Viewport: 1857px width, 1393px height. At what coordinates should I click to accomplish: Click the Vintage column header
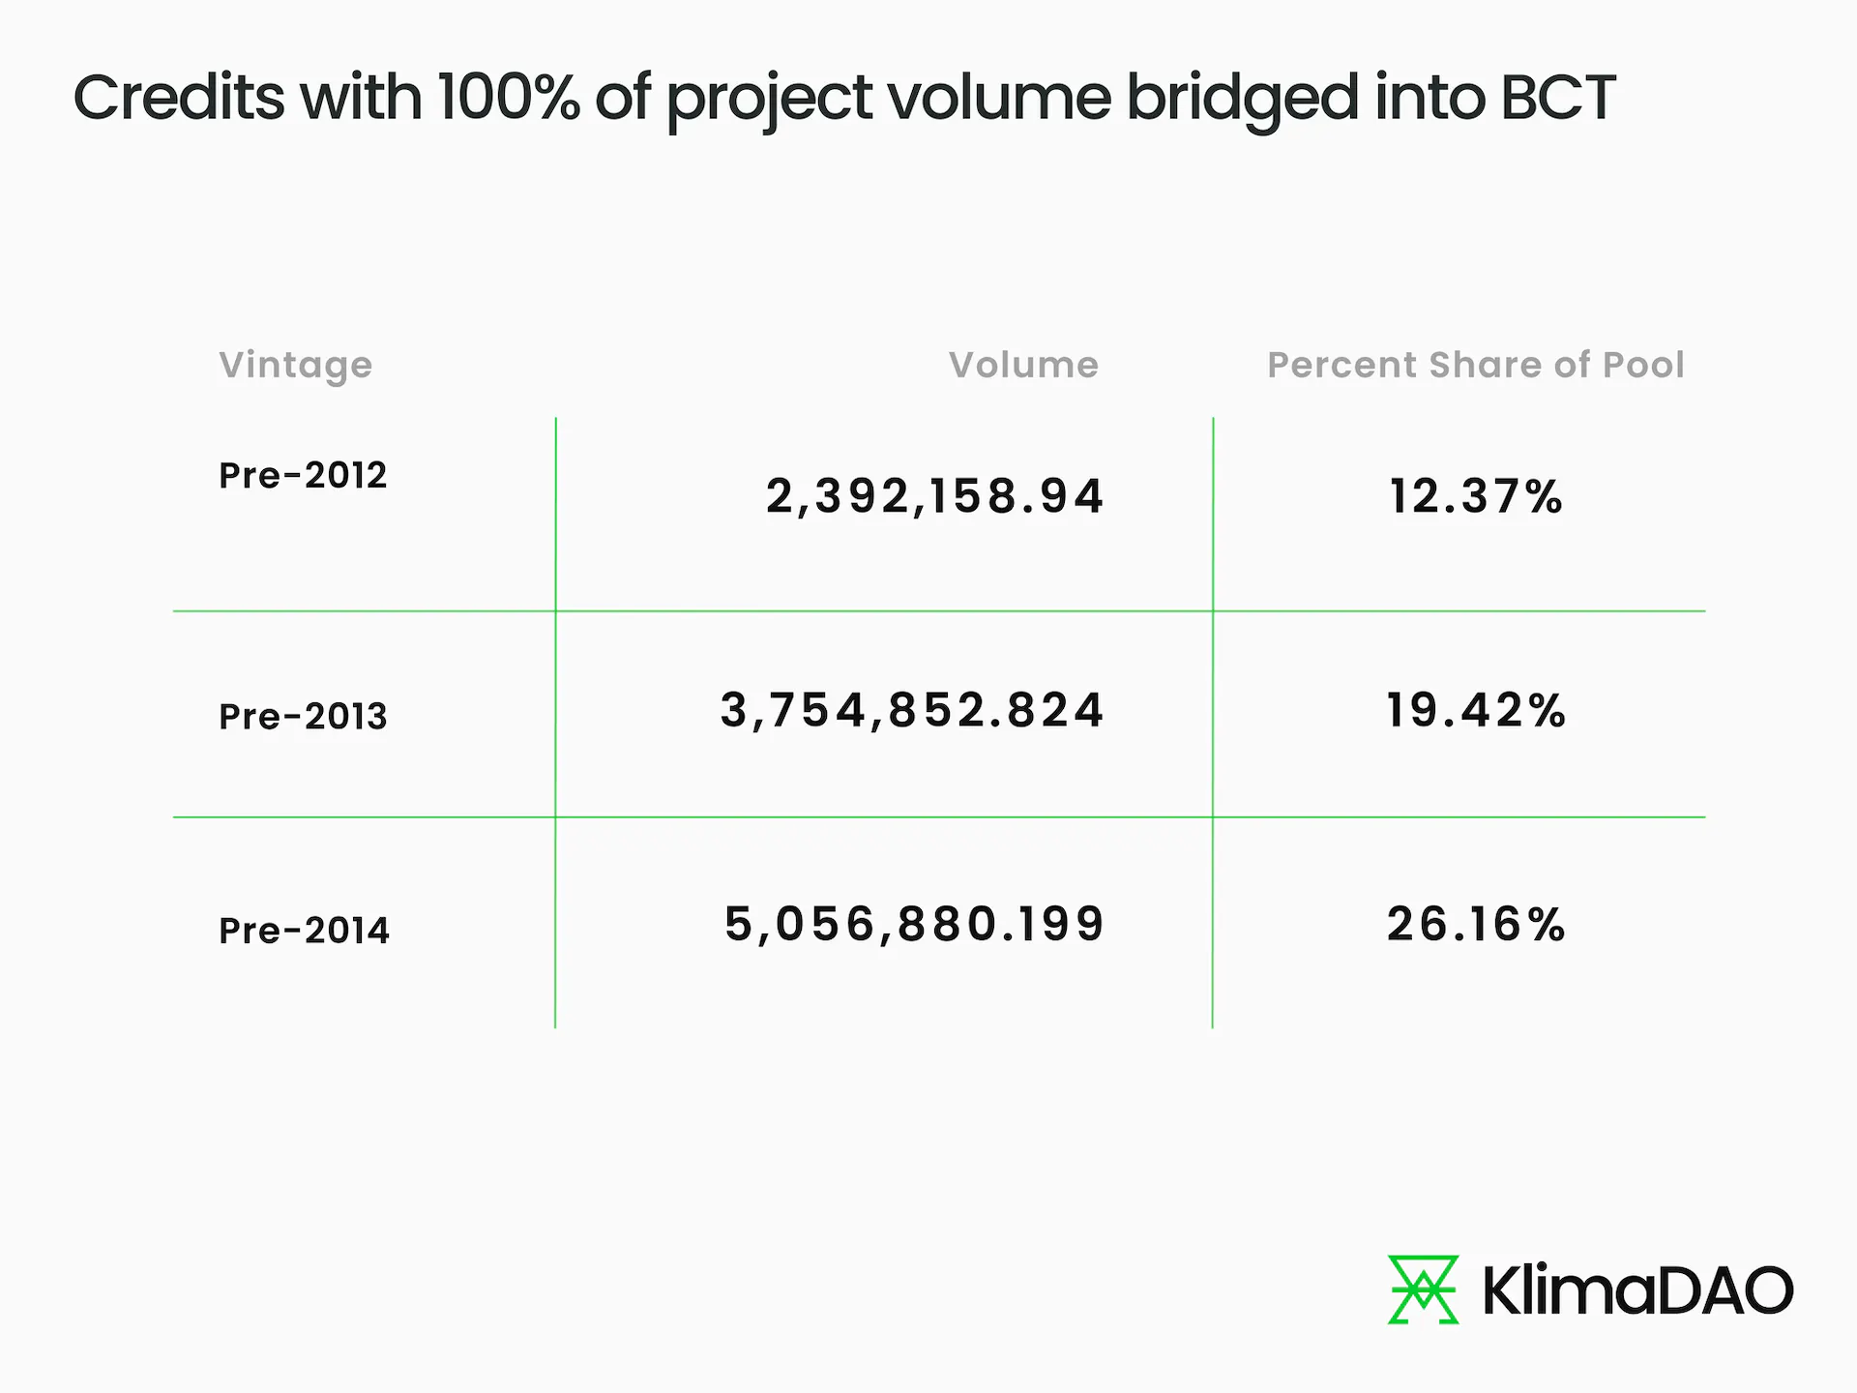[x=295, y=366]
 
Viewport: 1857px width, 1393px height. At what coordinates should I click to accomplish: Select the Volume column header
[x=1023, y=366]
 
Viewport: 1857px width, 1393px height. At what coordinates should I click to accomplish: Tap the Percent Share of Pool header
[x=1476, y=366]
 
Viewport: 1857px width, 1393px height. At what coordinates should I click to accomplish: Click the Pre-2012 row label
[x=303, y=475]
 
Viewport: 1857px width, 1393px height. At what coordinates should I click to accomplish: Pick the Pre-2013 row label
[x=303, y=717]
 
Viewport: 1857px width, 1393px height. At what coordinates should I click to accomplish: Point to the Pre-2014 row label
[x=304, y=931]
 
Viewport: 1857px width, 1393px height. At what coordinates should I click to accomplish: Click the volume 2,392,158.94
[x=934, y=496]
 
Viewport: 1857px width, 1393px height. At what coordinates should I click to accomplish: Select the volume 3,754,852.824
[x=912, y=710]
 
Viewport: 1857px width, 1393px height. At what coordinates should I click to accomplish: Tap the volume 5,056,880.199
[x=914, y=924]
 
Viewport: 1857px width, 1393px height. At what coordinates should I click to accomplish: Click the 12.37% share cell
[x=1476, y=496]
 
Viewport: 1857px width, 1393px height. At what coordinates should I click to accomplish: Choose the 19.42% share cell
[x=1476, y=710]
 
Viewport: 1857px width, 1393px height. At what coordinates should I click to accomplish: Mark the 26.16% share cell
[x=1476, y=924]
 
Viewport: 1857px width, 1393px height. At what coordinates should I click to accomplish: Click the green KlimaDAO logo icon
[x=1423, y=1289]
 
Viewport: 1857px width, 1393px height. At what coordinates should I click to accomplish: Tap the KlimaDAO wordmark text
[x=1637, y=1290]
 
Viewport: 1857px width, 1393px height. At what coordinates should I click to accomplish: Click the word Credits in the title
[x=179, y=98]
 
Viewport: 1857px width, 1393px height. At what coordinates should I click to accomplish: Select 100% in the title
[x=509, y=98]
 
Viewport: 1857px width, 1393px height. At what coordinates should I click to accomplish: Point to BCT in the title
[x=1558, y=98]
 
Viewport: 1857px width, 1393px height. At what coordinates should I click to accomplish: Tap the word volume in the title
[x=999, y=98]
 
